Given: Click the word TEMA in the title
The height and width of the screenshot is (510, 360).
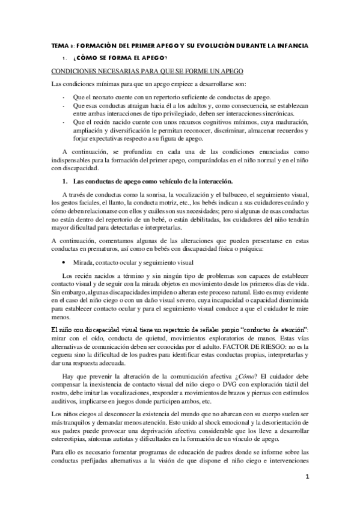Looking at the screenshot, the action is (x=58, y=46).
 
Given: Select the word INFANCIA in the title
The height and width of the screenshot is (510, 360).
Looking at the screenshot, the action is (x=291, y=46).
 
